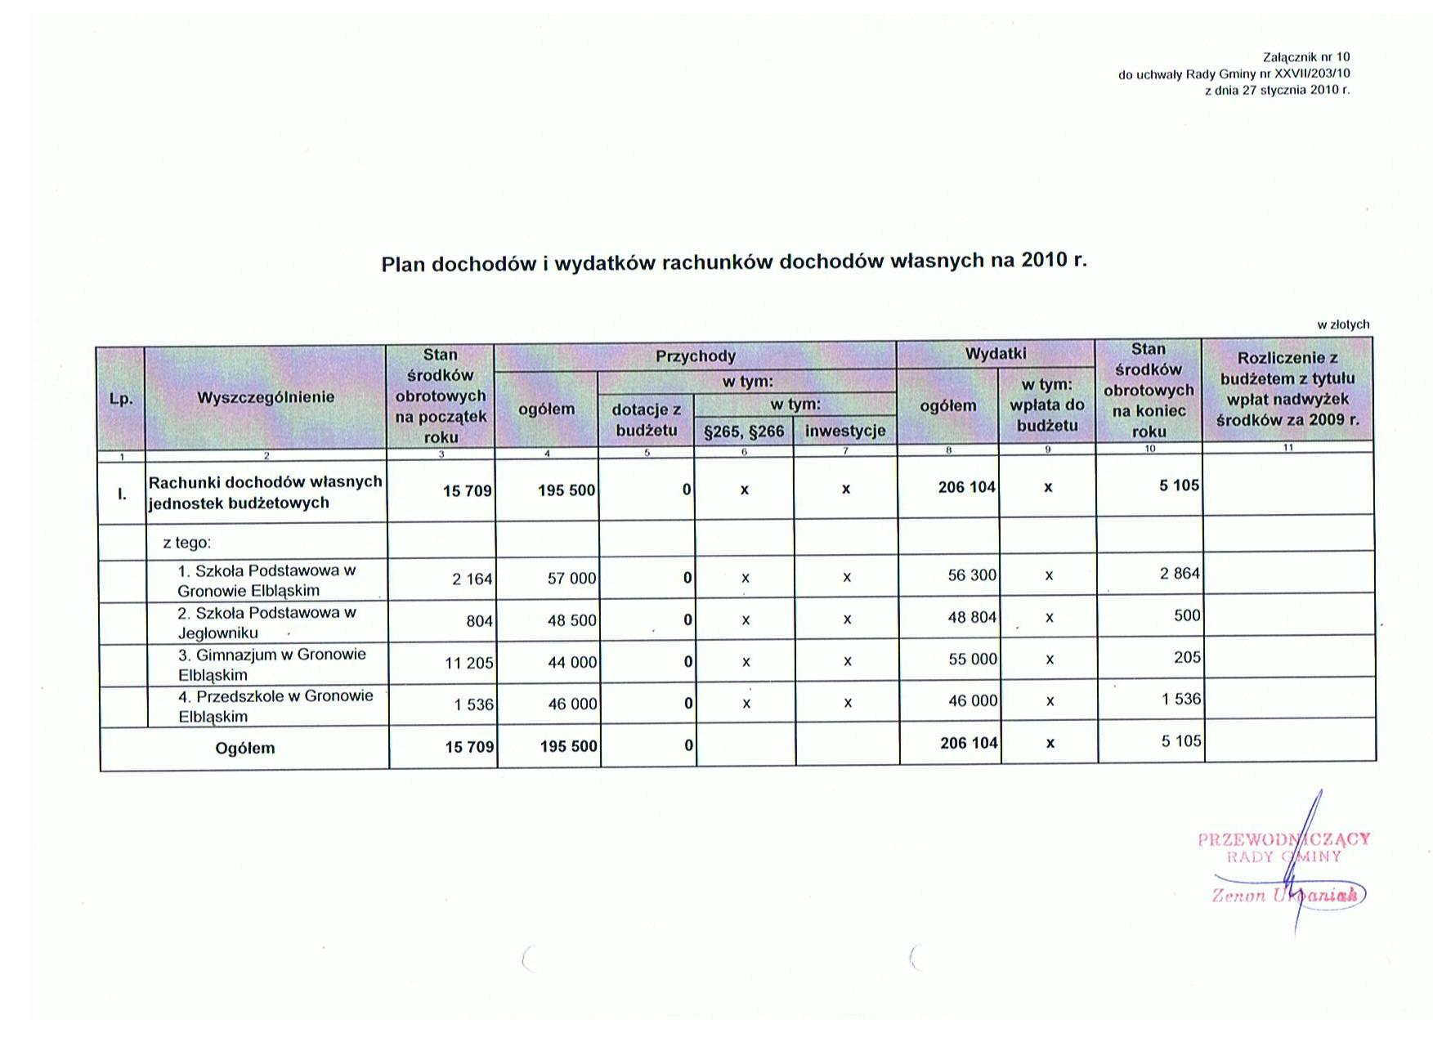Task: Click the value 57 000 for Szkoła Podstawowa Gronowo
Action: (571, 579)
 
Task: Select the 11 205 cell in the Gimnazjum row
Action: (468, 663)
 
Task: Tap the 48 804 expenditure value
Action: (972, 618)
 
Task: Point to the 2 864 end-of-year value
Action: (1180, 574)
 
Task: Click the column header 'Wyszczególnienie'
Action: (266, 397)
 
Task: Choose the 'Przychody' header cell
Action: (696, 356)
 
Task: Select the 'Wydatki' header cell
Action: (996, 354)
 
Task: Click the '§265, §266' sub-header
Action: (744, 432)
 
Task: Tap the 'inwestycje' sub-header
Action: (845, 432)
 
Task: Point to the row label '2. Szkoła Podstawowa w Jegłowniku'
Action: (266, 623)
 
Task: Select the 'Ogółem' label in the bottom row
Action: (245, 748)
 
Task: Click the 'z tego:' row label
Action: (187, 543)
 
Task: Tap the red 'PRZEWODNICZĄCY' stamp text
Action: (1283, 839)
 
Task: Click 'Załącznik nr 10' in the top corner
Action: (1306, 57)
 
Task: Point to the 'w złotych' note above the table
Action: (1343, 324)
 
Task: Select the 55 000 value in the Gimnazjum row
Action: (973, 660)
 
